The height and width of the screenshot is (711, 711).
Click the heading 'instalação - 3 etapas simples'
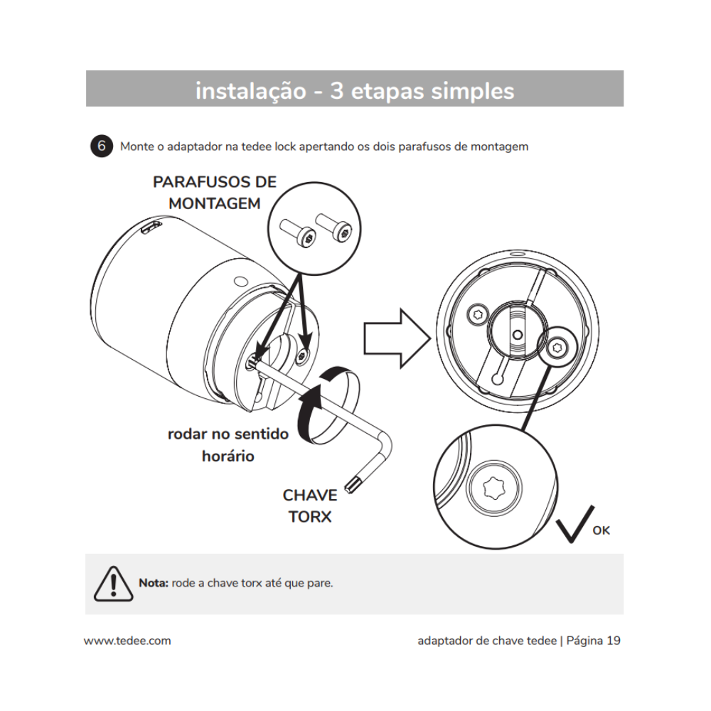tap(354, 90)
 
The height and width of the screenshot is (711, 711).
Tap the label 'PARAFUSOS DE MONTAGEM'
tap(214, 193)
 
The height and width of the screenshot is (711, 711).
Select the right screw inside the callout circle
tap(334, 227)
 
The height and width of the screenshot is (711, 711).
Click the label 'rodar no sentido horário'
tap(228, 444)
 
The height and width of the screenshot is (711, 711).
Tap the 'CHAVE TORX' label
tap(309, 506)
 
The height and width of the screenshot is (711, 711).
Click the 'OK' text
tap(601, 530)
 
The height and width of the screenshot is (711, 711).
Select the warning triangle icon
tap(112, 584)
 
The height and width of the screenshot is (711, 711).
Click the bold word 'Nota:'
tap(153, 583)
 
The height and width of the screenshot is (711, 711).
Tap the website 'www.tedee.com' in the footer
tap(127, 641)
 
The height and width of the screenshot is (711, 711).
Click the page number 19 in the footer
tap(613, 641)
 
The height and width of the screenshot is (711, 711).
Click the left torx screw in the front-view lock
tap(478, 313)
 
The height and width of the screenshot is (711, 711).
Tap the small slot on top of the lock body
tap(150, 227)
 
